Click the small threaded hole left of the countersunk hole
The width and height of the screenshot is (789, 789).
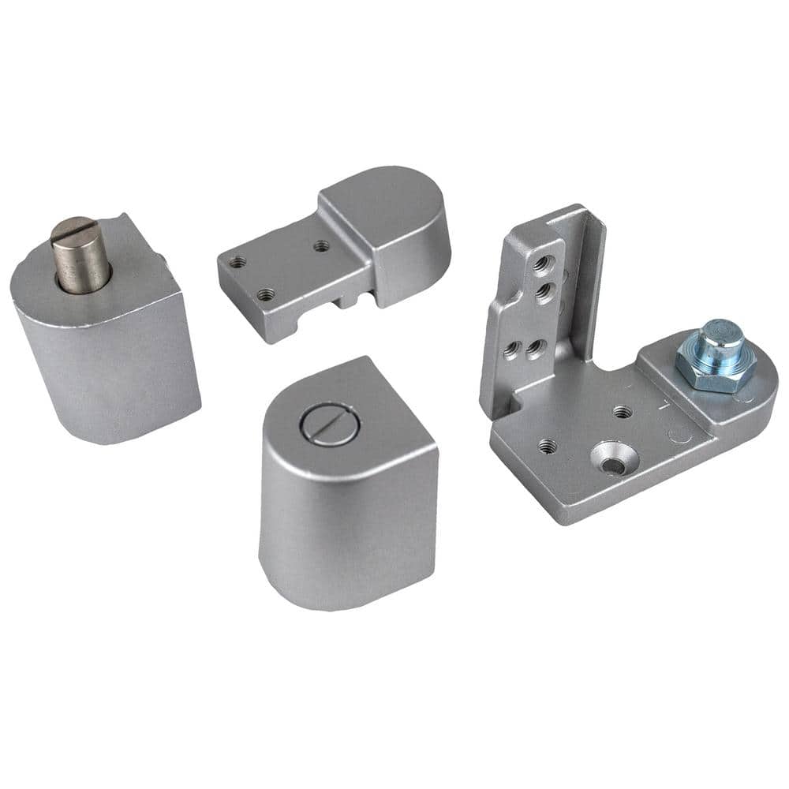click(x=547, y=446)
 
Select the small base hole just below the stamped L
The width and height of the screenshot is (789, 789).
click(x=621, y=411)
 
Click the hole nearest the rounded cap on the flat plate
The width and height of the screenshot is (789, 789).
click(x=320, y=246)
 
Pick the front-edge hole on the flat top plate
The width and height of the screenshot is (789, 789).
click(x=265, y=296)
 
